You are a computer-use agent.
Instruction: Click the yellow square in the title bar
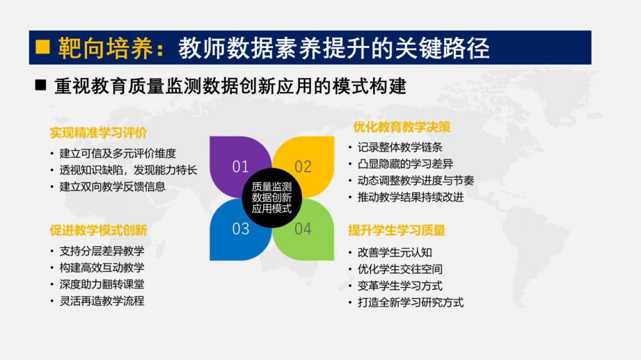pos(42,47)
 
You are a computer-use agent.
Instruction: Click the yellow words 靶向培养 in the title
pos(106,48)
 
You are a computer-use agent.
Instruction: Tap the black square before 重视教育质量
pos(40,85)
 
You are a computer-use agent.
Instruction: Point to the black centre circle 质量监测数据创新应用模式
pos(272,198)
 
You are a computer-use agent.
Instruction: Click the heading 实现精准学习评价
pos(98,133)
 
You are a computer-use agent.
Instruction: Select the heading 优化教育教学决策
pos(402,127)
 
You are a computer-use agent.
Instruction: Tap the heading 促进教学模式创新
pos(98,231)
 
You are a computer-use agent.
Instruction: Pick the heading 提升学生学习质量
pos(397,231)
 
